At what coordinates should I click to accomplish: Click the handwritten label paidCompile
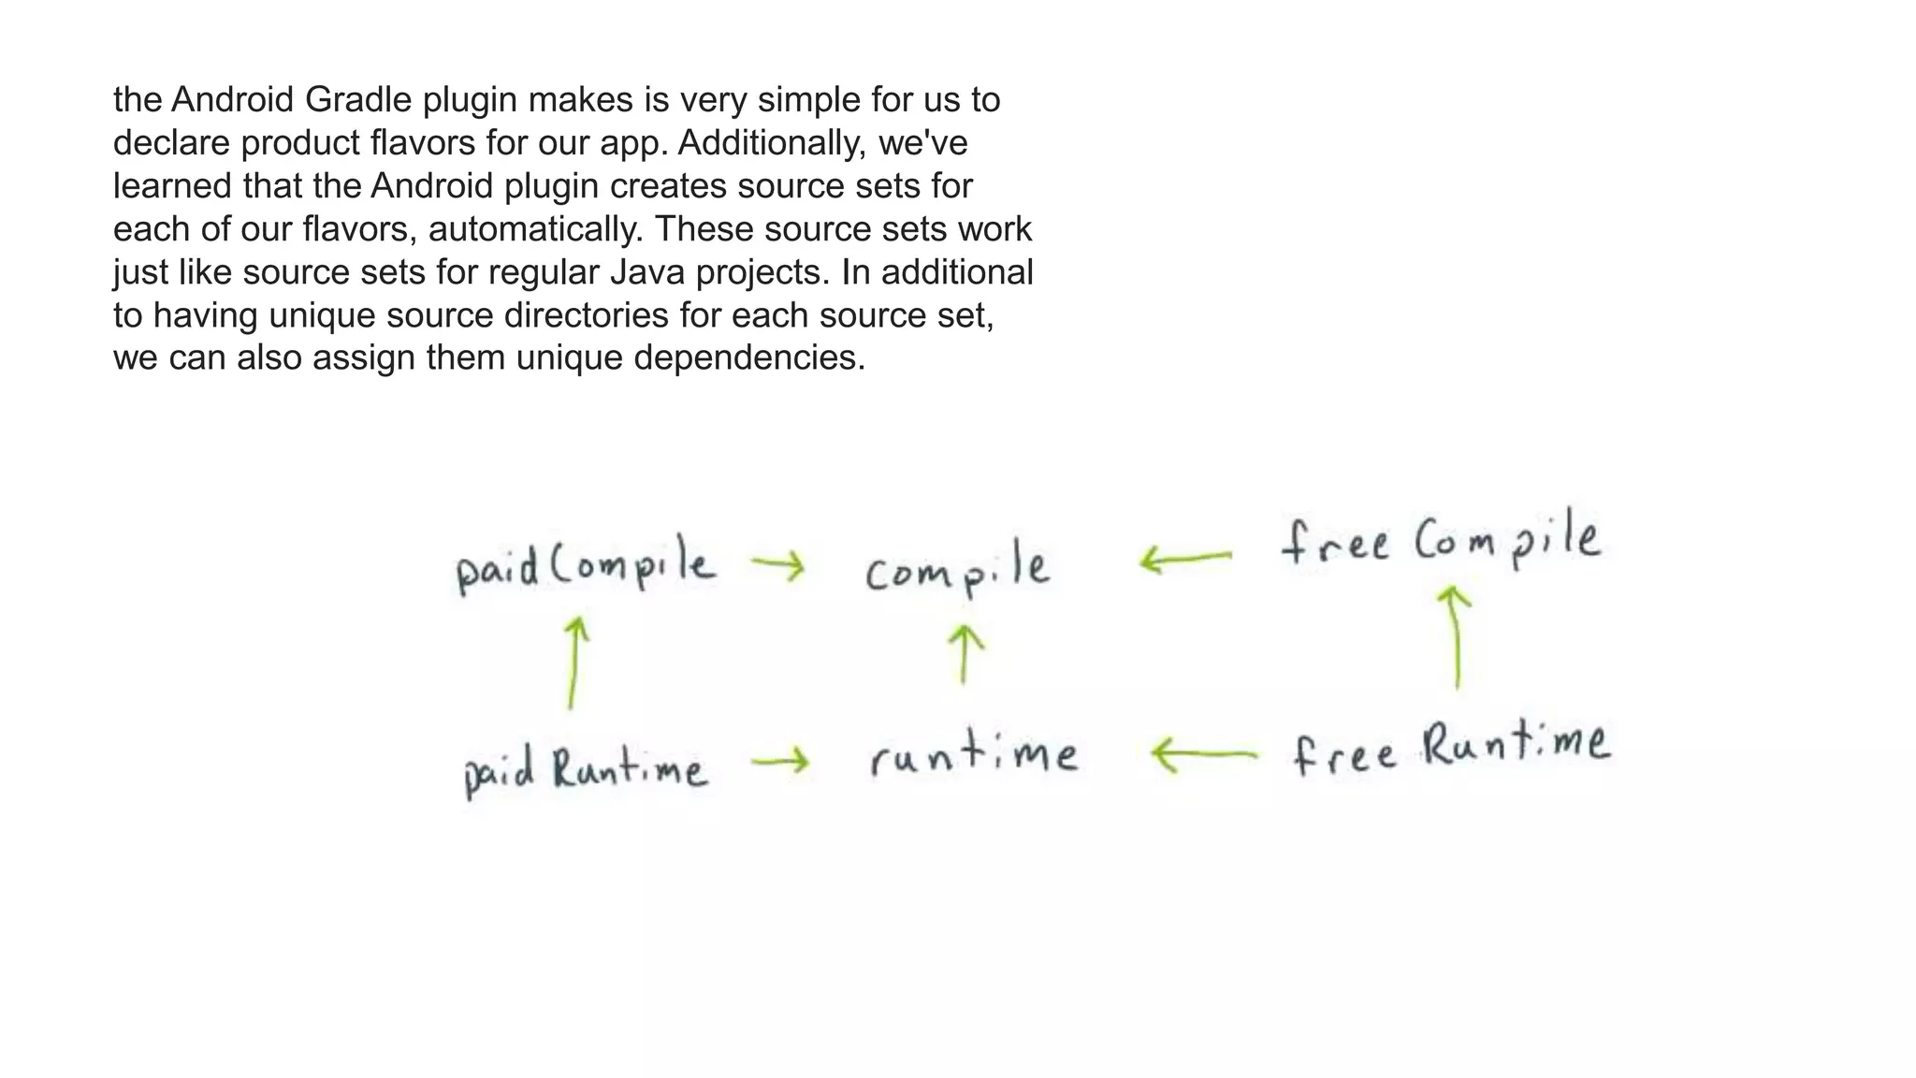pyautogui.click(x=586, y=565)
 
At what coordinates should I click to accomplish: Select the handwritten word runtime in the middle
pyautogui.click(x=973, y=756)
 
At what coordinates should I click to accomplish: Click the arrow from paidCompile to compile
pyautogui.click(x=777, y=565)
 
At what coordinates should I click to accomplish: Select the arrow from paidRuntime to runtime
pyautogui.click(x=779, y=762)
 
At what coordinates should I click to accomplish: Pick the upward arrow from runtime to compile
pyautogui.click(x=965, y=654)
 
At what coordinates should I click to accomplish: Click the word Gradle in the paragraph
pyautogui.click(x=359, y=99)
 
